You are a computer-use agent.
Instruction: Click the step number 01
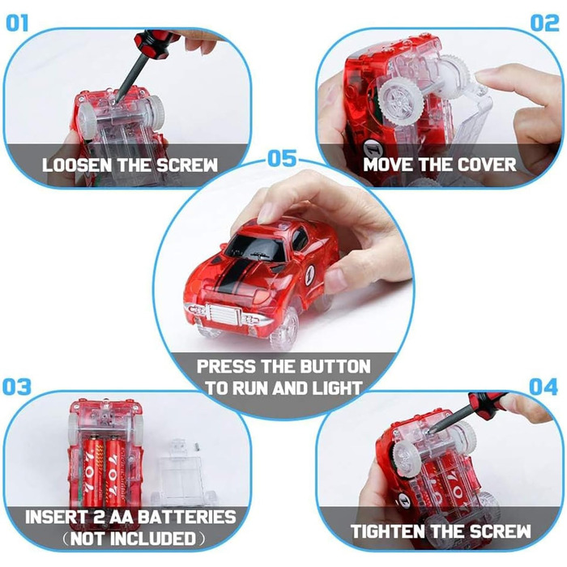[x=17, y=23]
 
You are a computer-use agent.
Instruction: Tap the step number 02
[x=544, y=23]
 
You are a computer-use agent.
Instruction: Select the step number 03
[x=17, y=386]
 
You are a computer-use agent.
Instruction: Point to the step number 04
[x=544, y=387]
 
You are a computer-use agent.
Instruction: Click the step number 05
[x=283, y=159]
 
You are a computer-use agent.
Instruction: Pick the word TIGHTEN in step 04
[x=389, y=531]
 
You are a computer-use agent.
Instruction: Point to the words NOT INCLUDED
[x=133, y=539]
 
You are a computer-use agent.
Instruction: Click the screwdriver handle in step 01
[x=154, y=44]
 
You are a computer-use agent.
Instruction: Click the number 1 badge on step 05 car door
[x=310, y=275]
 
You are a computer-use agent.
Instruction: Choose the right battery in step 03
[x=116, y=468]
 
